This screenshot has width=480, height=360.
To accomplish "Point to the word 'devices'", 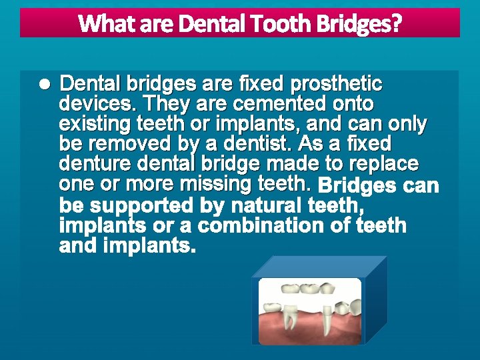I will tap(97, 104).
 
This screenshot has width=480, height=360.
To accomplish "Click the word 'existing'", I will tap(95, 124).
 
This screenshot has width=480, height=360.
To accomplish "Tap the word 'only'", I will tap(407, 124).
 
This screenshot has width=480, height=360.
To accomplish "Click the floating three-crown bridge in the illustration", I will tap(309, 288).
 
